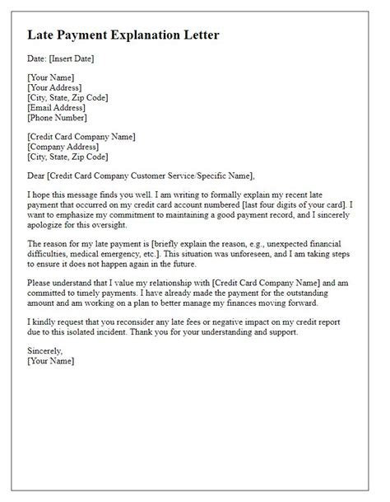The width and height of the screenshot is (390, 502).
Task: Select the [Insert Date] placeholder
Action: coord(72,59)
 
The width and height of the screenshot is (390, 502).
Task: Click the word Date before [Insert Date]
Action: coord(36,59)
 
